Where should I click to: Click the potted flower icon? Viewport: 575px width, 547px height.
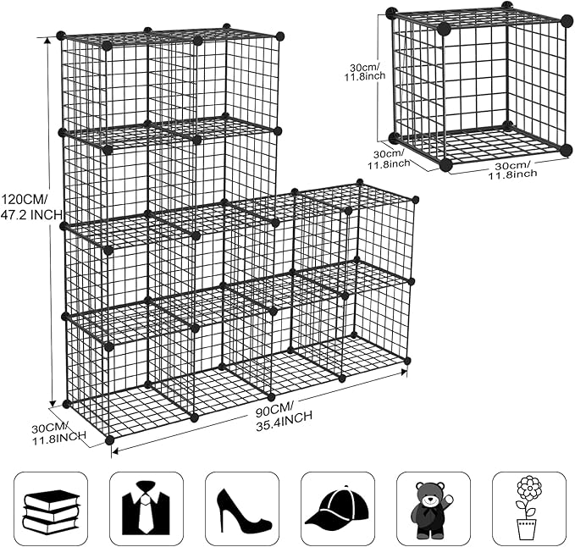point(528,508)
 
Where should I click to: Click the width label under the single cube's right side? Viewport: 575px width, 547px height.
point(511,169)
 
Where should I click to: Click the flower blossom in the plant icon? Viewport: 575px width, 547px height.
point(529,489)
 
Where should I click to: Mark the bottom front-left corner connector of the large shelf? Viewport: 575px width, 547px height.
point(109,440)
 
